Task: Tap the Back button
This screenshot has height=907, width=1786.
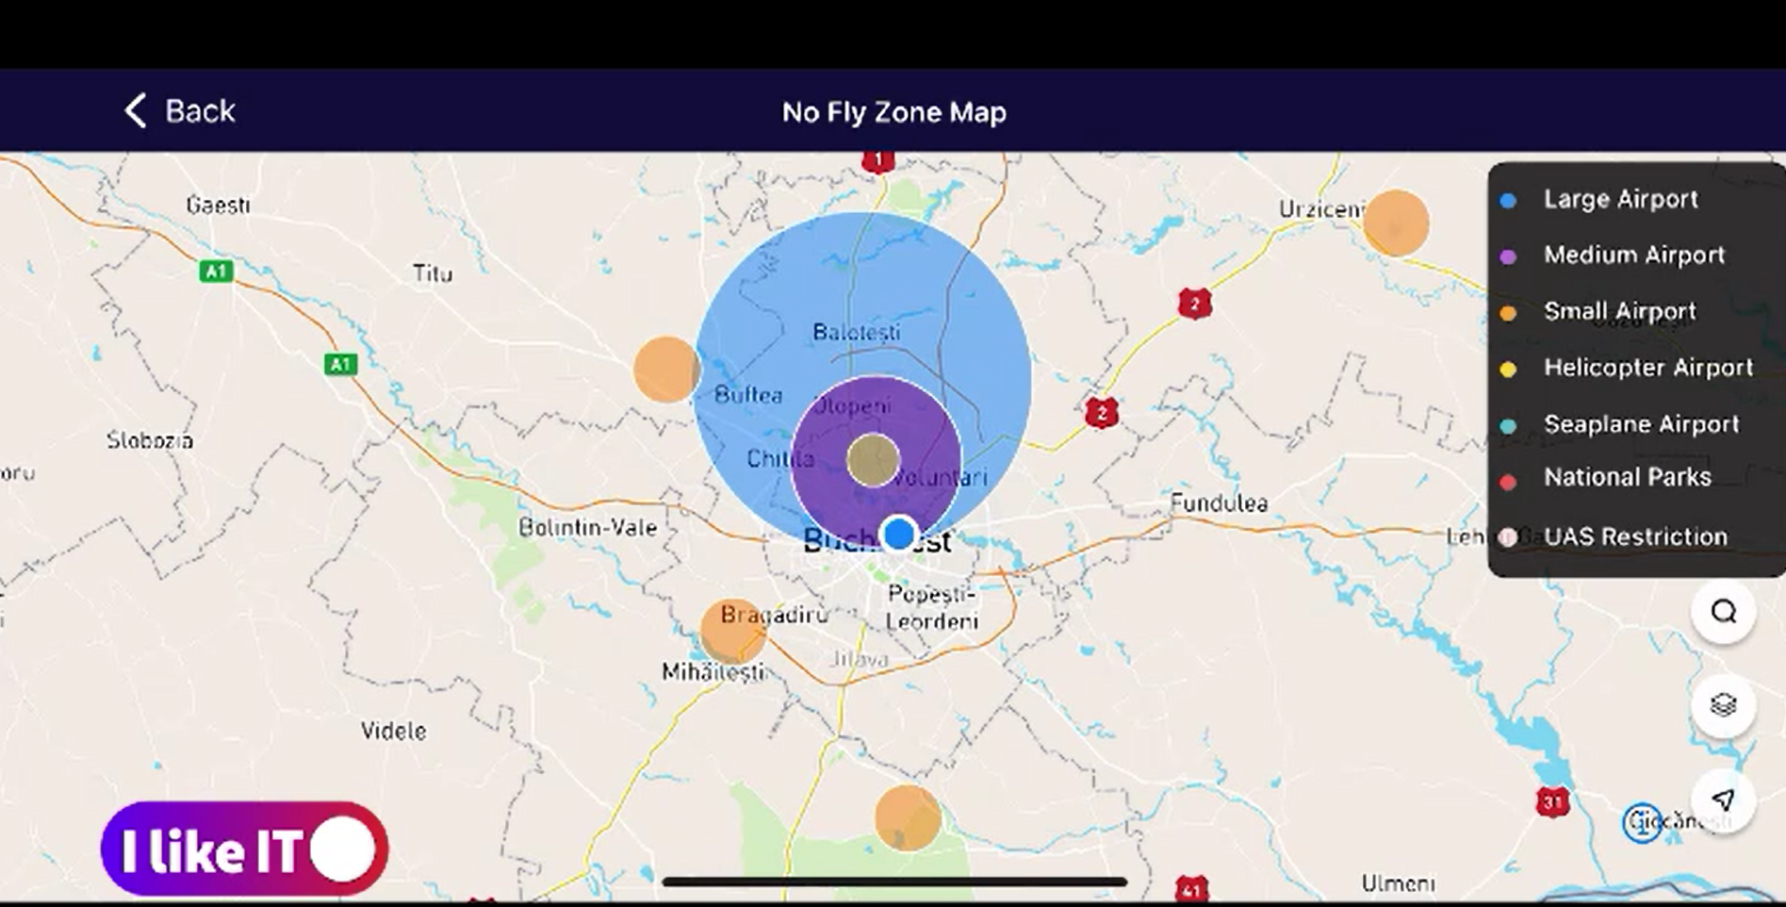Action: click(x=180, y=111)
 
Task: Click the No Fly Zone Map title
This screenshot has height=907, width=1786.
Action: click(x=893, y=112)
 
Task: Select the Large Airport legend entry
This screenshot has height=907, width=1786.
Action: click(x=1619, y=200)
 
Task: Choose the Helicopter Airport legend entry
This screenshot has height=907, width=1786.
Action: click(x=1647, y=368)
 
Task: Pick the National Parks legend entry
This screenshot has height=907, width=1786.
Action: click(x=1626, y=478)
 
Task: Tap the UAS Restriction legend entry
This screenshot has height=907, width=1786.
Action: click(x=1634, y=536)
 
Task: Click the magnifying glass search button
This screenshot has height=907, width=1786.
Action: click(x=1723, y=612)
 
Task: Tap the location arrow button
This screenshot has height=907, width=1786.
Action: click(x=1723, y=800)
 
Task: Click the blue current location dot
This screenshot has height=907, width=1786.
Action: click(x=899, y=534)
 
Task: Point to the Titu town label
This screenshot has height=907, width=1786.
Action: click(x=433, y=273)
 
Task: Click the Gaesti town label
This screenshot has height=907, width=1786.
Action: click(x=219, y=205)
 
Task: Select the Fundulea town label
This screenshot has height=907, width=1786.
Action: click(x=1219, y=503)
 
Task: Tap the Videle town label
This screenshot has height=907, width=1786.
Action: click(x=394, y=731)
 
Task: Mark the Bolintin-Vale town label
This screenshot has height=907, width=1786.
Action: click(x=587, y=527)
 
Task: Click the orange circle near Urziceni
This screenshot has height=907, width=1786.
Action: click(x=1396, y=223)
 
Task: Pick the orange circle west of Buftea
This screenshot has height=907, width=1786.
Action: click(x=666, y=370)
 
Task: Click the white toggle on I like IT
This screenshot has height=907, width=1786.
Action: click(x=343, y=849)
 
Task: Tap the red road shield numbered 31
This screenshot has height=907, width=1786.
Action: click(x=1552, y=802)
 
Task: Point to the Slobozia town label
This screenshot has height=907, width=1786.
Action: click(x=150, y=440)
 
